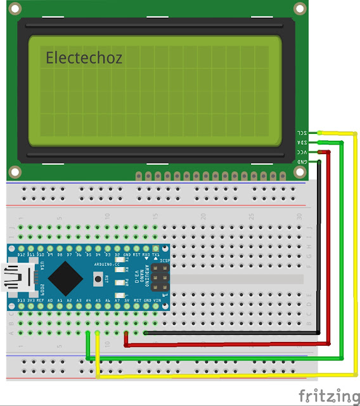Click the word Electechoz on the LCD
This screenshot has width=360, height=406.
[x=84, y=58]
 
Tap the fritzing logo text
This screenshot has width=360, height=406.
[x=327, y=395]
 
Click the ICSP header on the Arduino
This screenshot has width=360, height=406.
[x=158, y=277]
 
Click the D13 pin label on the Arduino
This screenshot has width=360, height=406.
[x=22, y=299]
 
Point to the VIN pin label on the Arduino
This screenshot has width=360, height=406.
[x=157, y=299]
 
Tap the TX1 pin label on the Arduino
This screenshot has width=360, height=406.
[x=156, y=254]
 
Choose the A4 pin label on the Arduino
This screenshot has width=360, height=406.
[x=89, y=299]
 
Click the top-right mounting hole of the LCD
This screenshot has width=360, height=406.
[x=299, y=8]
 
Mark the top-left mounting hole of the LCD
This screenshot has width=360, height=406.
[x=14, y=8]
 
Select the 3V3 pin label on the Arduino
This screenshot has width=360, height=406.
[x=31, y=299]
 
